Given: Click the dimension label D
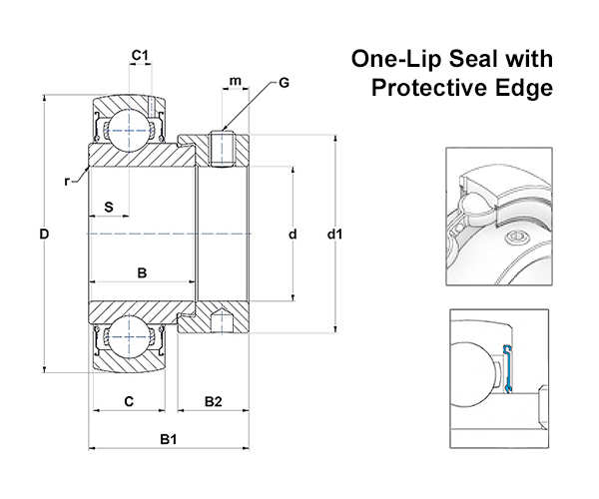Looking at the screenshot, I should [45, 236].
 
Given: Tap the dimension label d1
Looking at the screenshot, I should [336, 236].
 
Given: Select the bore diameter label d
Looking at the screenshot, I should [292, 236].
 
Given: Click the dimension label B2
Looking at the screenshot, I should [213, 402].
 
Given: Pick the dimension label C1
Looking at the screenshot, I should [141, 54].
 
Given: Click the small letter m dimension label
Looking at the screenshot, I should [235, 79].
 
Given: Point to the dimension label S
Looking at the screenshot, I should [109, 208].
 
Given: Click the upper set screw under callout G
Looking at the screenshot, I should [224, 149].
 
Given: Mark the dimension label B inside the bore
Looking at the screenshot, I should [142, 271].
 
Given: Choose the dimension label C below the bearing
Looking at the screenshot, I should [129, 402].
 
